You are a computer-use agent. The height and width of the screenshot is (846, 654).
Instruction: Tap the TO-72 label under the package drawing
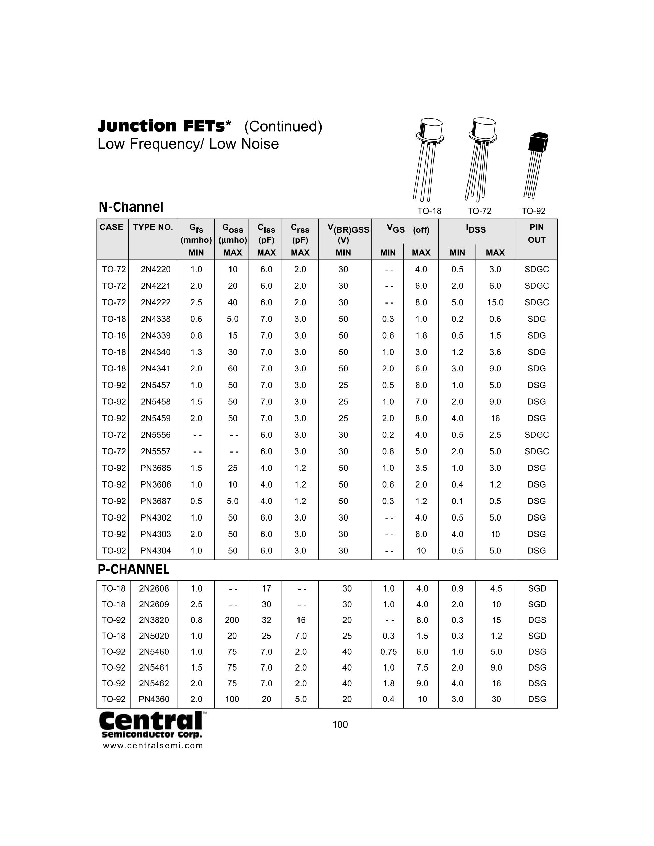coord(479,211)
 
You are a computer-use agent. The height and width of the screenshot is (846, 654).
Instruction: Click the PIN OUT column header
coord(537,233)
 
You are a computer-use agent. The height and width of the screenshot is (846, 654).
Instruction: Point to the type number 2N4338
coord(155,319)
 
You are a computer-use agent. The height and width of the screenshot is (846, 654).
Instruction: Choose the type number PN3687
coord(155,501)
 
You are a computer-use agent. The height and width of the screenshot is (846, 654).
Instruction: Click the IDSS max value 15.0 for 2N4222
coord(495,302)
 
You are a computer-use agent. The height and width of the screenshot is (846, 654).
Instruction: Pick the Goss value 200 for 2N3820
coord(232,620)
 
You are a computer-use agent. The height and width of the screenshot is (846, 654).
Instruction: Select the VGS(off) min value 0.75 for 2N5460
coord(388,652)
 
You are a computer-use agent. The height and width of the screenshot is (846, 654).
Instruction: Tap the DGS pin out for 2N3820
coord(537,620)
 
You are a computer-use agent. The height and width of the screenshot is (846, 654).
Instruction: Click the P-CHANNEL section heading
coord(133,569)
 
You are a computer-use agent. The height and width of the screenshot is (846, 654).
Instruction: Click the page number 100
coord(340,724)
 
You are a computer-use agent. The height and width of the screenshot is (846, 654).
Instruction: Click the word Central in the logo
coord(151,721)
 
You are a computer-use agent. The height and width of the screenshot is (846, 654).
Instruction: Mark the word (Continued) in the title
coord(283,126)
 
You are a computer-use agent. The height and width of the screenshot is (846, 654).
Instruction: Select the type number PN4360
coord(154,699)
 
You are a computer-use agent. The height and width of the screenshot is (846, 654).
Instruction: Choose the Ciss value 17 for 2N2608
coord(266,588)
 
